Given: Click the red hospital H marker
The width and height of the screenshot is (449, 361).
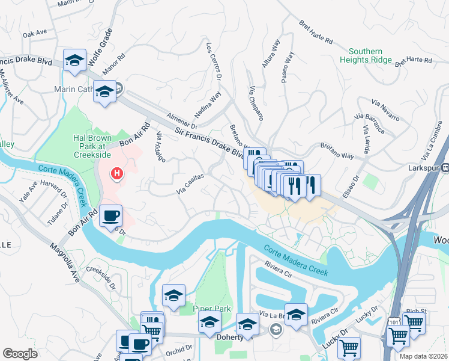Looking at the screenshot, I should [117, 174].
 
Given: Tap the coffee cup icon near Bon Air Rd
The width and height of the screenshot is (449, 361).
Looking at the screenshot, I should [110, 215].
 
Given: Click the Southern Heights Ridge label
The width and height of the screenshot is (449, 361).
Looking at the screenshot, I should [366, 55].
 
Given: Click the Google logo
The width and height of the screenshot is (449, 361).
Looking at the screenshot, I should [20, 354].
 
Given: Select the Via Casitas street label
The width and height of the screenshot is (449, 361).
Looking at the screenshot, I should [191, 185].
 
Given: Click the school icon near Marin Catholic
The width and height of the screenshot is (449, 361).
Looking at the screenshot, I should [105, 92].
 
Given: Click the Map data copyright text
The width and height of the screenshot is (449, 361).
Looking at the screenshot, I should [423, 356].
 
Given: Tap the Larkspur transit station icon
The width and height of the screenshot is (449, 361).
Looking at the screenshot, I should [445, 169].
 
